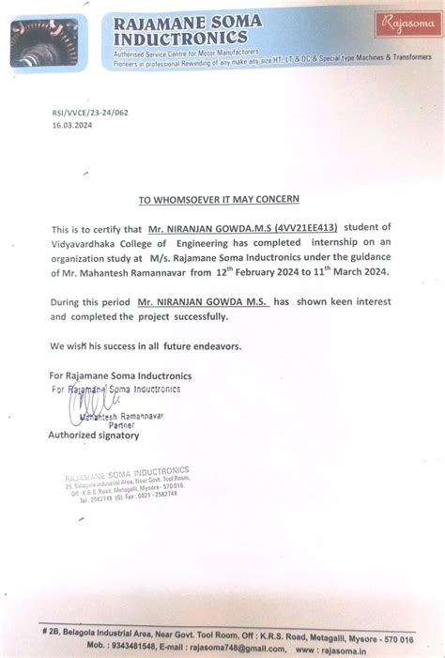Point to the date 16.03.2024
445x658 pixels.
click(x=71, y=122)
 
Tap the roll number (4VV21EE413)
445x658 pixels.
click(x=304, y=228)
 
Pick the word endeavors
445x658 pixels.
click(x=212, y=346)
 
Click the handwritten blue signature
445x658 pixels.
click(x=77, y=406)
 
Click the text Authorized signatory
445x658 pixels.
click(x=94, y=436)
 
